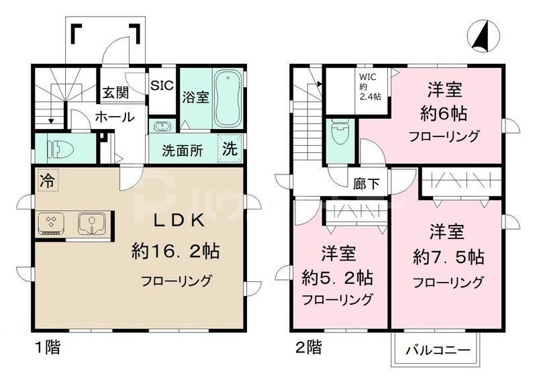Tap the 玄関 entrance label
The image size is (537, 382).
tap(115, 92)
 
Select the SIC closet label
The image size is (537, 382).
tap(161, 86)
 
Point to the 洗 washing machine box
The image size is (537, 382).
tap(230, 150)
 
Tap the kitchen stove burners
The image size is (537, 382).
tap(52, 223)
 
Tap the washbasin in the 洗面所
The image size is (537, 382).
tap(162, 126)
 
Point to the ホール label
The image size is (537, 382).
tap(113, 117)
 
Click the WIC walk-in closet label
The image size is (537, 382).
tap(369, 85)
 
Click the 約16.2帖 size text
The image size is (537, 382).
tap(176, 252)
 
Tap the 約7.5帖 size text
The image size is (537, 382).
tap(448, 256)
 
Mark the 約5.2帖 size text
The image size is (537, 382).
tap(338, 276)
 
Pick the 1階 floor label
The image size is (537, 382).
tap(47, 348)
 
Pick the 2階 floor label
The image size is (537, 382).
tap(307, 348)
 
